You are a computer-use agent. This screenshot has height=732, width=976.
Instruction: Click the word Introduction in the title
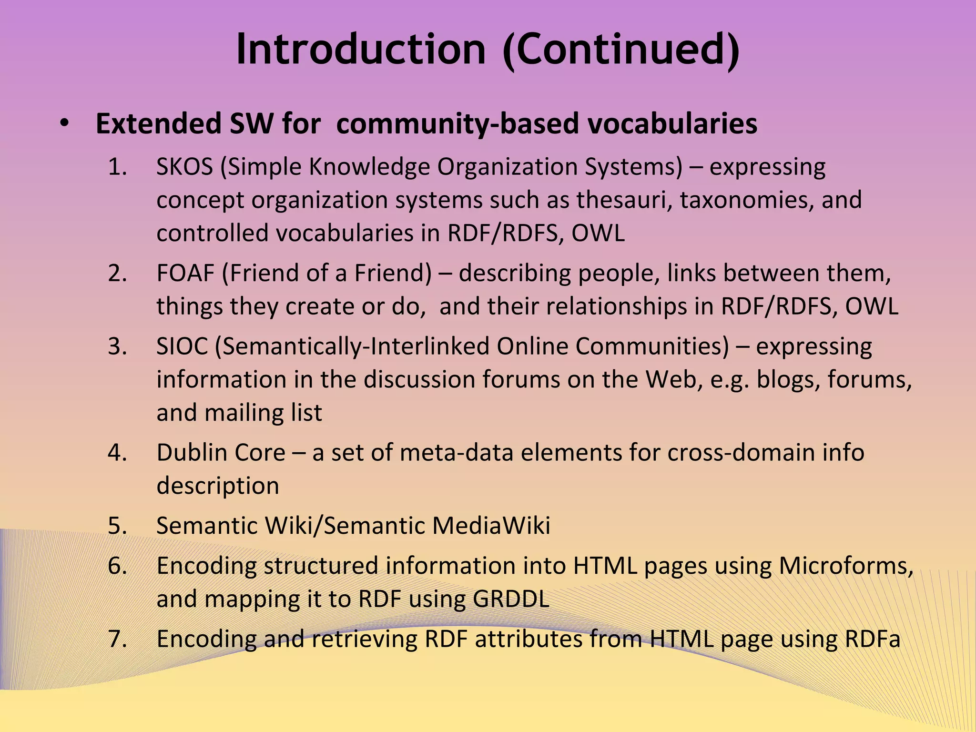coord(361,49)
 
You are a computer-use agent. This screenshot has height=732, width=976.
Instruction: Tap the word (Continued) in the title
coord(621,50)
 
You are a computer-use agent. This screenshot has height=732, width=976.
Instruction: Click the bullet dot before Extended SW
coord(64,123)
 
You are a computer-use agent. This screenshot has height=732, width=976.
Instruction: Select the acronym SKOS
coord(184,167)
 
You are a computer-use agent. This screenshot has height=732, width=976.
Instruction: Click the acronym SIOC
coord(182,346)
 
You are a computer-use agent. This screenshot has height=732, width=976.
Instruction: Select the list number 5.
coord(117,526)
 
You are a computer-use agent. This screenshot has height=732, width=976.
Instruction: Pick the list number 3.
coord(117,346)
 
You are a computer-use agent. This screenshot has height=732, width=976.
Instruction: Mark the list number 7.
coord(117,639)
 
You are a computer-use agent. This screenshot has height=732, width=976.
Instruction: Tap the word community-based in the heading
coord(457,124)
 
